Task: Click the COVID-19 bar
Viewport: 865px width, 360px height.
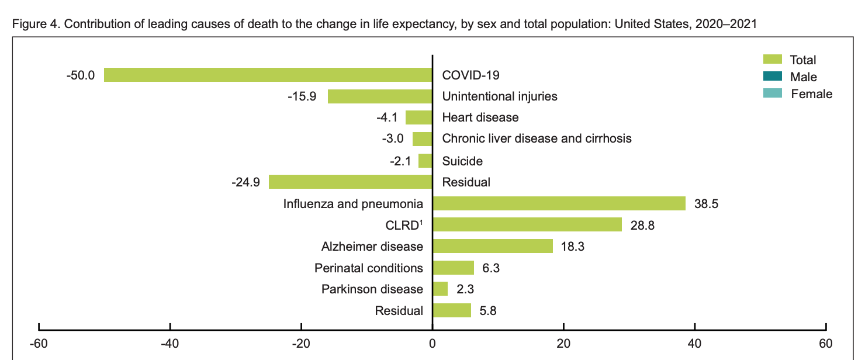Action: pos(268,75)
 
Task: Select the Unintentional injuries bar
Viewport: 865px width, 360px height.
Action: pos(379,96)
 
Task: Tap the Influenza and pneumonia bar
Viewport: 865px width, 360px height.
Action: pos(559,203)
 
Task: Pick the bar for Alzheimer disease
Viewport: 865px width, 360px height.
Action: pos(492,246)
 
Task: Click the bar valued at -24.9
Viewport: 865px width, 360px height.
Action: pos(350,182)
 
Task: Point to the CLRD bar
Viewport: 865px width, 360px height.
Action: pos(527,225)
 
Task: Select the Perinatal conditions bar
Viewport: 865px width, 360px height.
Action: pos(453,268)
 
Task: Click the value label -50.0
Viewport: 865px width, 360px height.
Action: pos(81,75)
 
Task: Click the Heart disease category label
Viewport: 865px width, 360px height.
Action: pos(480,117)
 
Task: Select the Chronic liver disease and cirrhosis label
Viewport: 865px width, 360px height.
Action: pos(537,139)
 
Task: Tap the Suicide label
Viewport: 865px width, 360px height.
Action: pos(462,160)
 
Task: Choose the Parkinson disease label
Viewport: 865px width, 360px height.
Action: pos(372,289)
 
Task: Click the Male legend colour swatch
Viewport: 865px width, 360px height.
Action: pos(772,77)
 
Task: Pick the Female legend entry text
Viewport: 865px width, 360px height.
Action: pos(811,94)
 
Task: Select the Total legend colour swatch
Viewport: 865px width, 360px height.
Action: pos(772,59)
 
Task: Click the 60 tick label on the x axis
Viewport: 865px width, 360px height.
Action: pos(826,343)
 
